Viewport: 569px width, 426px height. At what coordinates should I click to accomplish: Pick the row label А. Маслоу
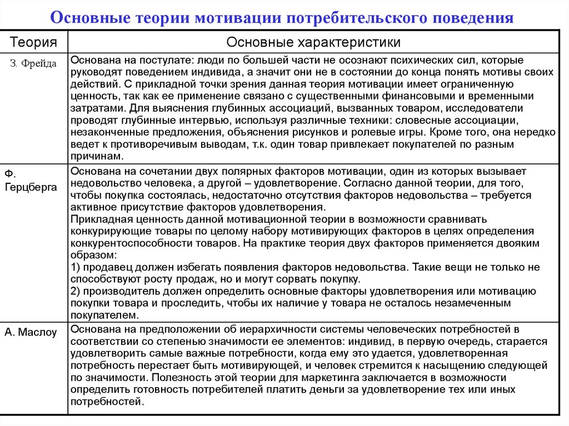pos(31,332)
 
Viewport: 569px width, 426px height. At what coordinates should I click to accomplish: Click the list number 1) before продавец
pos(76,267)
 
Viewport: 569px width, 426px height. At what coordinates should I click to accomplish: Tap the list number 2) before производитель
pos(76,291)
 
